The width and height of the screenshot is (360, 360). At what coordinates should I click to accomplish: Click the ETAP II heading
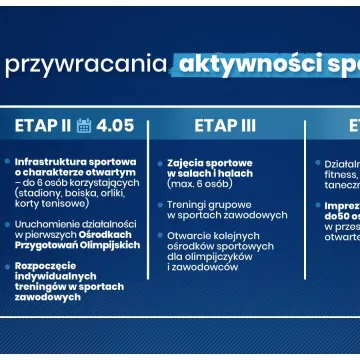pos(43,126)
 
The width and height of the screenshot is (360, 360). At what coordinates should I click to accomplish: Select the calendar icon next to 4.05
pos(84,126)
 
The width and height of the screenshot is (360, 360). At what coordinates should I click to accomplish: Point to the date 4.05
pos(115,126)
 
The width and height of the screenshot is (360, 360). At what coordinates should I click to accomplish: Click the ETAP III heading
pos(225,126)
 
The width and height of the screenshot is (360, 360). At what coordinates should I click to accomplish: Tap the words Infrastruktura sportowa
pos(75,161)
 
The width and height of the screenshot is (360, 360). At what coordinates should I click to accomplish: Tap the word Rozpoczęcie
pos(47,266)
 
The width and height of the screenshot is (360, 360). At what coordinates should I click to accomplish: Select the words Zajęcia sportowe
pos(209,162)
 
